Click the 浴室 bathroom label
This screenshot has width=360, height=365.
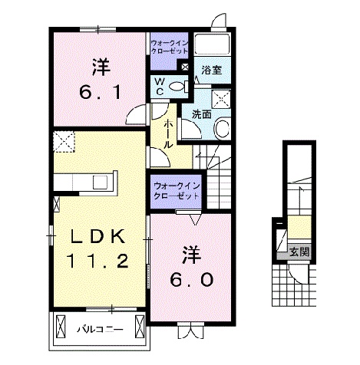[211, 70]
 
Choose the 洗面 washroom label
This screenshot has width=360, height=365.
[202, 113]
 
